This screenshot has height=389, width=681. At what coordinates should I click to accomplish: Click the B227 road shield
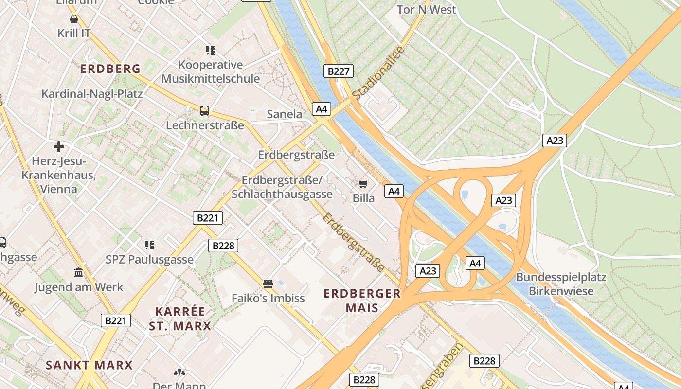tap(339, 71)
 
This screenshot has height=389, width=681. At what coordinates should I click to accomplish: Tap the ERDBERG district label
tap(110, 69)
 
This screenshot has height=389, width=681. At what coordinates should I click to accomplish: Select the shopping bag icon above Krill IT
tap(74, 19)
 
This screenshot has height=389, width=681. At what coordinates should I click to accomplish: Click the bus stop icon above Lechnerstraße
tap(205, 110)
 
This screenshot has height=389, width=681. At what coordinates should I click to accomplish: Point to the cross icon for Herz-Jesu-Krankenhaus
tap(59, 146)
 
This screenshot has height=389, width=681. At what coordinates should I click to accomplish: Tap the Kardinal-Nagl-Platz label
tap(92, 94)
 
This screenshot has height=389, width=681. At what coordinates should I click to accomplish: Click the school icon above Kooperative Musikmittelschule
tap(211, 50)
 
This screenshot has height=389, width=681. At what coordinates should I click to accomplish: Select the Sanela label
tap(285, 114)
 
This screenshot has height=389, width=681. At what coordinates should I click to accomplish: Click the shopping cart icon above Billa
tap(363, 183)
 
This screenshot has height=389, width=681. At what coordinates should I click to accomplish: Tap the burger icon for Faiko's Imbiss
tap(268, 283)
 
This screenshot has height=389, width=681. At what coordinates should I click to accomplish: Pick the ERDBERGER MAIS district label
tap(362, 300)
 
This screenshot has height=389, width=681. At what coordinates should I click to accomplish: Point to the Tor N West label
tap(426, 10)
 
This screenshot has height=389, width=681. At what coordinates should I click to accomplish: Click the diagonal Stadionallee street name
tap(378, 74)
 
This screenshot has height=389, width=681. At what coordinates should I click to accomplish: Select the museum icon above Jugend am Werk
tap(79, 272)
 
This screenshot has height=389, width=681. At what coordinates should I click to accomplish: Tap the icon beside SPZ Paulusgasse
tap(149, 245)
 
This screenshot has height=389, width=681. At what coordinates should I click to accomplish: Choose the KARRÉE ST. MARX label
tap(180, 318)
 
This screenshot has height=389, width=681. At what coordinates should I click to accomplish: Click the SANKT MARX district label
tap(89, 365)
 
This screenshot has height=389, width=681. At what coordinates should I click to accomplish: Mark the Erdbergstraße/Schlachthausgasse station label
tap(282, 187)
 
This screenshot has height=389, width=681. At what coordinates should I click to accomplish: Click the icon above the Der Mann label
tap(179, 372)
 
